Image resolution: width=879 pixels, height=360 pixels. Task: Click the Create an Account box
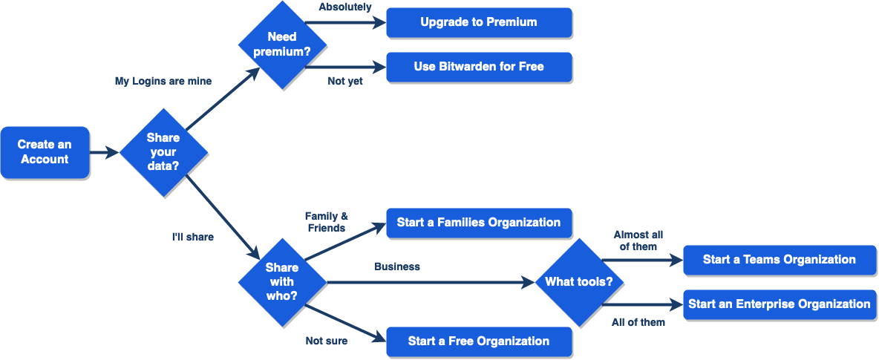[45, 152]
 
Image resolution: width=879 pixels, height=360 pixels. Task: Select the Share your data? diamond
[163, 152]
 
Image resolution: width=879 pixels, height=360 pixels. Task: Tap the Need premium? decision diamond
[281, 44]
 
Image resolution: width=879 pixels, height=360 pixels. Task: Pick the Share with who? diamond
[281, 281]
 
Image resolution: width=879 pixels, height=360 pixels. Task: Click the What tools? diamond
[579, 281]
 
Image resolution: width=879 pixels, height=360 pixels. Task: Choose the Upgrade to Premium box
[479, 22]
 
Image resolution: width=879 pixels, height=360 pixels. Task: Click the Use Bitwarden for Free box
[479, 67]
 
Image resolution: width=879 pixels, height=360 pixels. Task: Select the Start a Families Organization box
[479, 222]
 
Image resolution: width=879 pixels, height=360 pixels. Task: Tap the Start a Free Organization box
[479, 341]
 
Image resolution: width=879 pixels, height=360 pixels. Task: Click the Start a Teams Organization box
[779, 260]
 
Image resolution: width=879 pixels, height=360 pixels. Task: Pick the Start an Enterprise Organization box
[779, 304]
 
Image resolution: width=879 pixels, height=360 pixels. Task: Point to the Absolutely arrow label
[345, 7]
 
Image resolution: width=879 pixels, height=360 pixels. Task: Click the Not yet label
[345, 81]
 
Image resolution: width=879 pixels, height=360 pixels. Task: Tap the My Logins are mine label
[163, 81]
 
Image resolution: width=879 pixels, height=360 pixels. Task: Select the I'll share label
[193, 237]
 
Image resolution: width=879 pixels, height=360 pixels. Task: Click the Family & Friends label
[327, 222]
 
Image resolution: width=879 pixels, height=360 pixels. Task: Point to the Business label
[397, 266]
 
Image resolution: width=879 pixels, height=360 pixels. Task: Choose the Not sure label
[327, 341]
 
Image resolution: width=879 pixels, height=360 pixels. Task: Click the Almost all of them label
[638, 240]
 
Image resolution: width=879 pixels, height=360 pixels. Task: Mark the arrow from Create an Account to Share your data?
[105, 153]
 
